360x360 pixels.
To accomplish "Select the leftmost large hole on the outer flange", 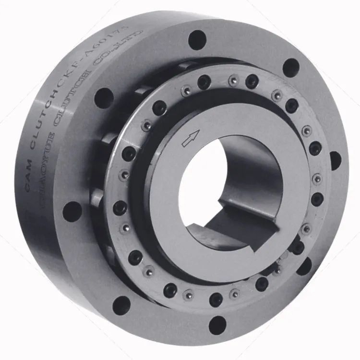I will pyautogui.click(x=72, y=212).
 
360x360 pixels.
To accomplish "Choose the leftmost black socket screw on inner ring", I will pyautogui.click(x=120, y=208).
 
